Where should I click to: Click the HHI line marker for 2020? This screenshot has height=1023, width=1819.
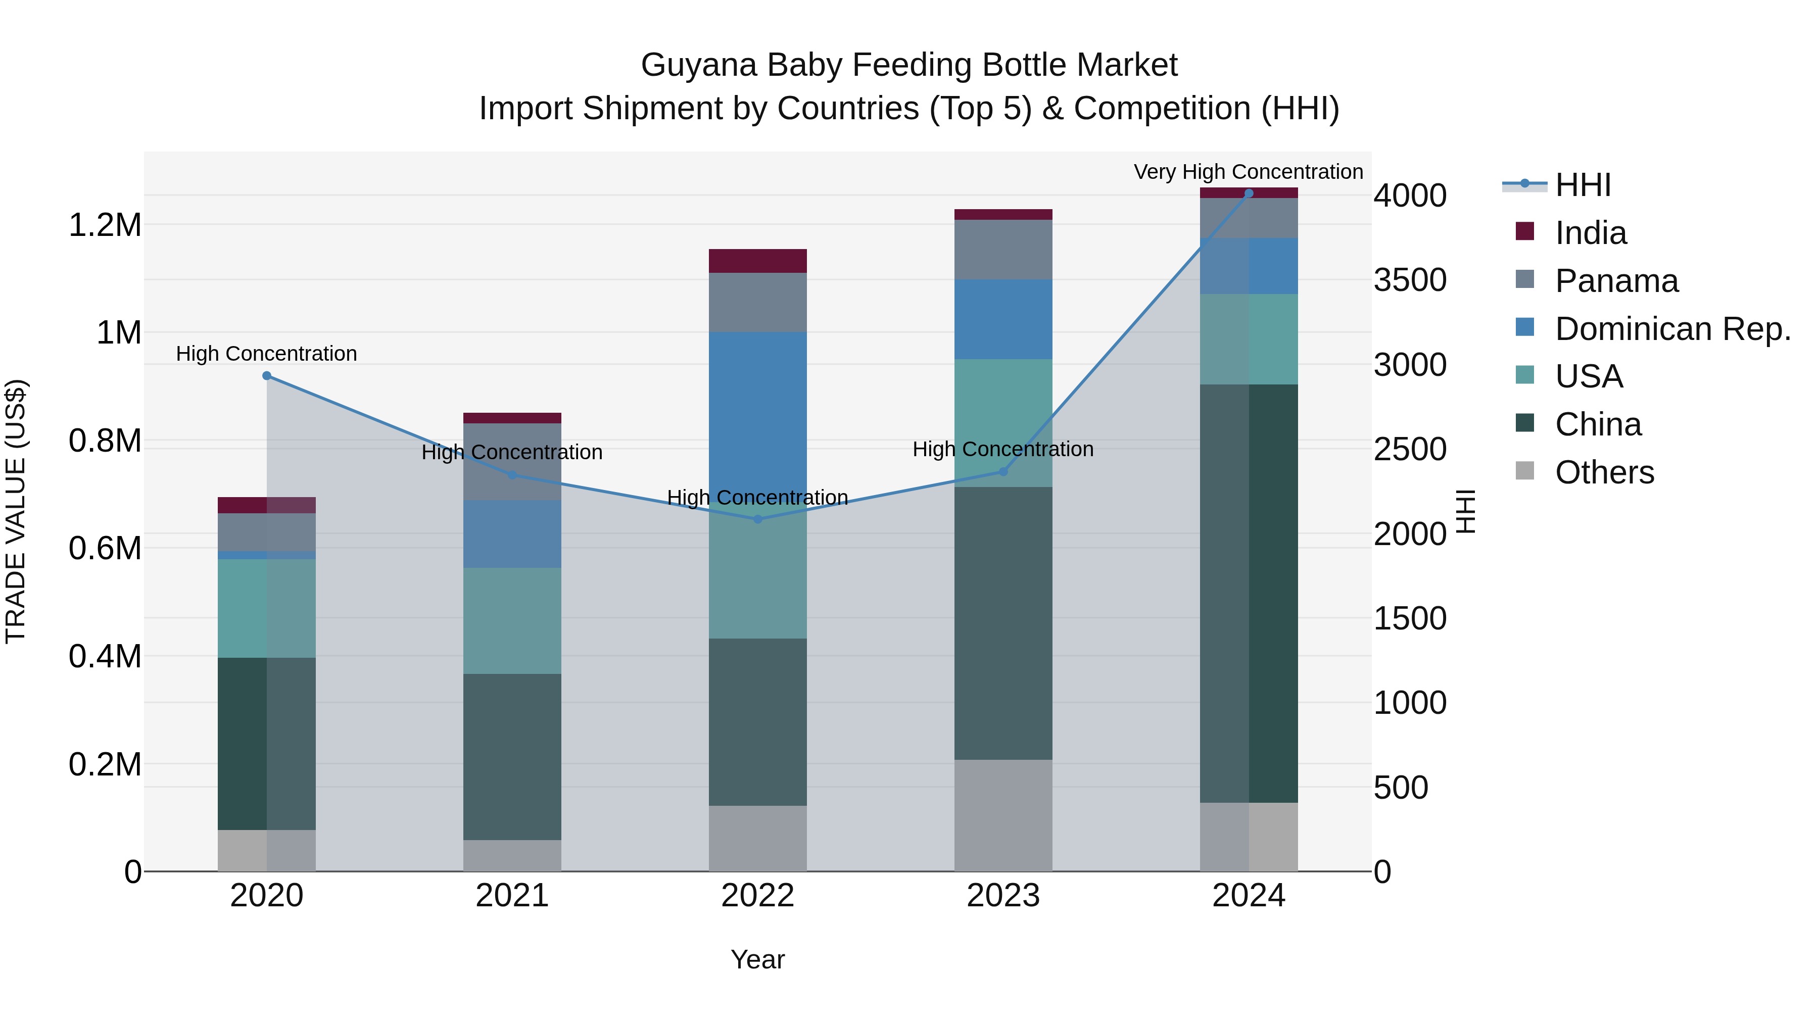[266, 375]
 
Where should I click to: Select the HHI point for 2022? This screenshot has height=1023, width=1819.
[758, 519]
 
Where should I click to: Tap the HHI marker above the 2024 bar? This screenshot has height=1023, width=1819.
[1249, 193]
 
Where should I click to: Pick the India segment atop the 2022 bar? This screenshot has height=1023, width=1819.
[758, 261]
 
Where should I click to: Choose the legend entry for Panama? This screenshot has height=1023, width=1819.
[1616, 281]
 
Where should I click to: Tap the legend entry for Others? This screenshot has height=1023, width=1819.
[1604, 472]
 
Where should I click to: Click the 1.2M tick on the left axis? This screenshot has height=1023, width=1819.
[105, 225]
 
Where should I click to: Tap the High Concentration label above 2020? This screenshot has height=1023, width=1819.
[266, 353]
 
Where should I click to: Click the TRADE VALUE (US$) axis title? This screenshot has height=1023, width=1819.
[16, 511]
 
